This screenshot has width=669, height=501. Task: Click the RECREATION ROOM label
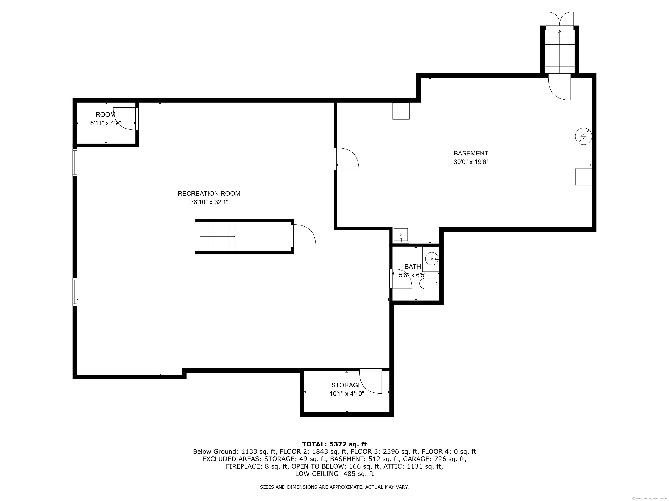coord(209,194)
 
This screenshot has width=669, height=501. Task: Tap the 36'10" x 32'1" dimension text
coord(209,202)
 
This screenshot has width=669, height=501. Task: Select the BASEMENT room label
coord(471,154)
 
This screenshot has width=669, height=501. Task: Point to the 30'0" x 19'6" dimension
coord(471,162)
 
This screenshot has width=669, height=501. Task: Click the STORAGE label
coord(347,385)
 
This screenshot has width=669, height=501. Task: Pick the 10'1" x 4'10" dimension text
coord(347,394)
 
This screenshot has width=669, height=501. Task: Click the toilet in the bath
coord(429,284)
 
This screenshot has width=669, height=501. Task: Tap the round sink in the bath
coord(432,259)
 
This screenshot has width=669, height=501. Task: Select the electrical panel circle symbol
coord(583,137)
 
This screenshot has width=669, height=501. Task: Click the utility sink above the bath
coord(401,235)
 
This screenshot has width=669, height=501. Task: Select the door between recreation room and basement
coord(347,159)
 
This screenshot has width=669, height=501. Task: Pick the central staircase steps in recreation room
coord(217,236)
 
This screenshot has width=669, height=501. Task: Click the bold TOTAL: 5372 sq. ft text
coord(334,444)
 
